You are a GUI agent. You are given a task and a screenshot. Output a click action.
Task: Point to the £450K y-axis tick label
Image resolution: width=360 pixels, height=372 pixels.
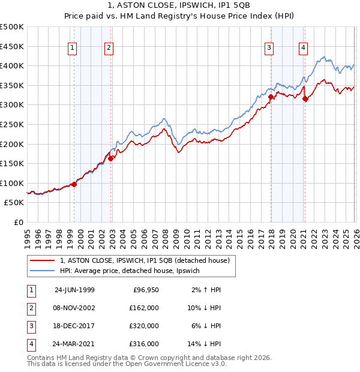tap(12, 46)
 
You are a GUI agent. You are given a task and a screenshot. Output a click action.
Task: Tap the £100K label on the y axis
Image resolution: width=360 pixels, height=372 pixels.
tap(12, 183)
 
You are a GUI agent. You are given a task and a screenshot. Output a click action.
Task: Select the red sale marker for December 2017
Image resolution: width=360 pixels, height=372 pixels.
tap(271, 97)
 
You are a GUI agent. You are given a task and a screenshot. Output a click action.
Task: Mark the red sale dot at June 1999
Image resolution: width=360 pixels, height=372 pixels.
tap(74, 184)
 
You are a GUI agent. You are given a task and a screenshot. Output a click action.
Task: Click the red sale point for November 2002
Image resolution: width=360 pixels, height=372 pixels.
tap(110, 159)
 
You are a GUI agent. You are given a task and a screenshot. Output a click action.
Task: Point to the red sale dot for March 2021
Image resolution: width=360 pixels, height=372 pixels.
tap(305, 99)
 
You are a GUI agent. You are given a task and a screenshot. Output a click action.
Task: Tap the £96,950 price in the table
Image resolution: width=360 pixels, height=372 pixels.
tap(145, 290)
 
